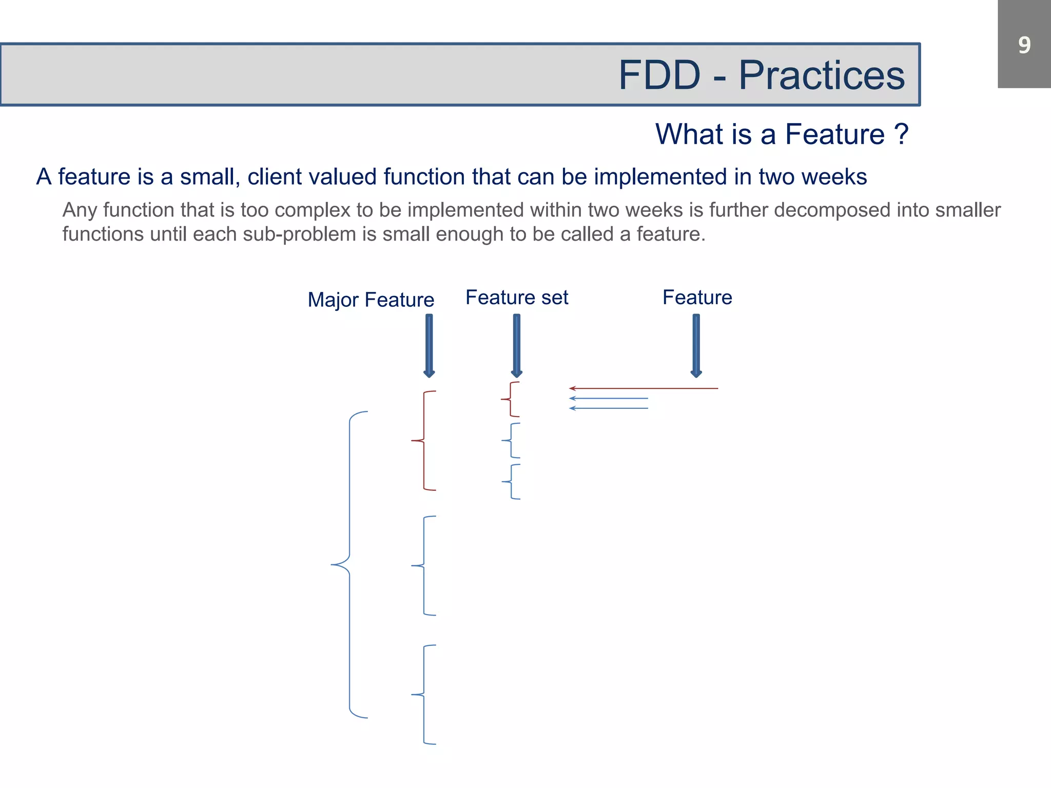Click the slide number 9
[1024, 45]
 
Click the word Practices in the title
[821, 75]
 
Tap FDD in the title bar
[659, 75]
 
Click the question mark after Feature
[901, 134]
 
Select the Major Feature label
[371, 300]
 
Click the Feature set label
[517, 298]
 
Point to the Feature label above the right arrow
[697, 298]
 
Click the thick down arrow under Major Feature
[429, 346]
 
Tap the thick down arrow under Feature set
[517, 346]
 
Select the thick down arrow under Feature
[696, 346]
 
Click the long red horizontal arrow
[644, 388]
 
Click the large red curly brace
[424, 441]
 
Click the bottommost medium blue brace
[424, 694]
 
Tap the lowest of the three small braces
[511, 482]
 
